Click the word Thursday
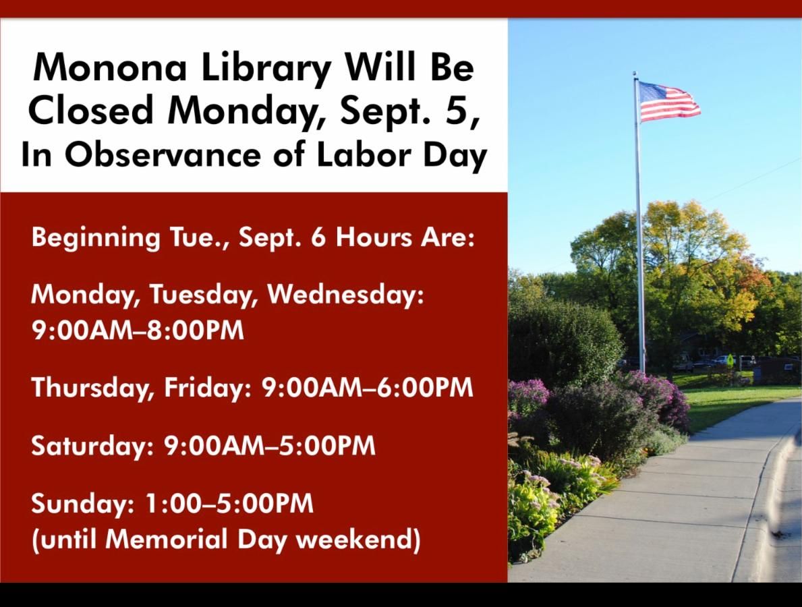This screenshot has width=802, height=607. point(80,388)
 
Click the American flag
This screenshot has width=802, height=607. point(668,101)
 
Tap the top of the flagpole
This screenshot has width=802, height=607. point(635,74)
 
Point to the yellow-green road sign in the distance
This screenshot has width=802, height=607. point(729,359)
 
